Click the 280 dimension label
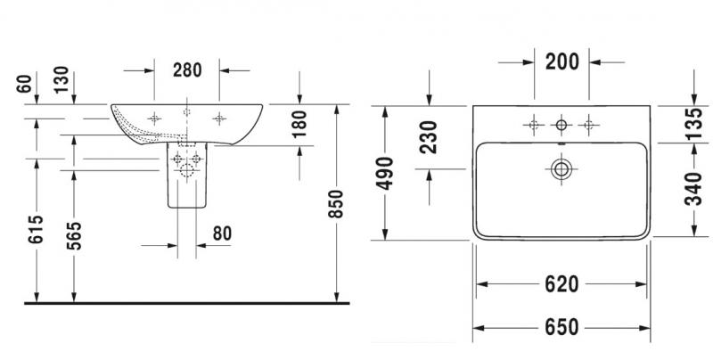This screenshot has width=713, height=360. click(188, 69)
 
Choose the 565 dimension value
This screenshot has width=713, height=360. click(73, 238)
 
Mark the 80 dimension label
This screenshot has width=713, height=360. click(222, 233)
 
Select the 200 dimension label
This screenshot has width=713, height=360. click(562, 61)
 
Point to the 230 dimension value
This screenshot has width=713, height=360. click(429, 138)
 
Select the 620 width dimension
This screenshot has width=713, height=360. click(562, 285)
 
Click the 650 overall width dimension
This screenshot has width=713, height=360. click(562, 326)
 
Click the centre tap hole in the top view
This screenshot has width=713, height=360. click(561, 125)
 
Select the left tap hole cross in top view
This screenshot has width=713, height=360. click(534, 125)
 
